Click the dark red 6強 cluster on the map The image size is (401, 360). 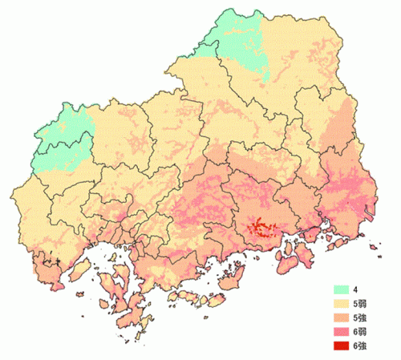click(x=258, y=225)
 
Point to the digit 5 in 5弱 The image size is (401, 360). click(x=366, y=304)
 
